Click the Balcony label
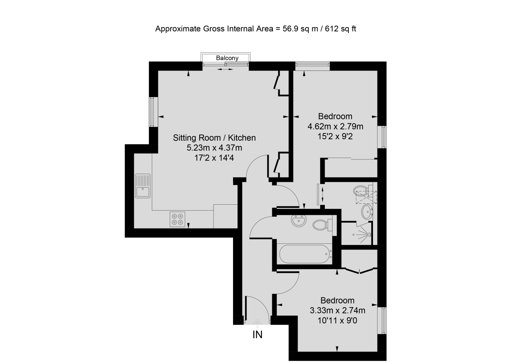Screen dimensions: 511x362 pos(227,58)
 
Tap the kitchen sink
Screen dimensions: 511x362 pos(143,186)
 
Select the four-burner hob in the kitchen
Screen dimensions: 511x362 pos(177,219)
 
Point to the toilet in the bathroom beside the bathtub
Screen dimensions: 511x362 pos(321,225)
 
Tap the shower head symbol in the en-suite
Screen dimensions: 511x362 pos(369,234)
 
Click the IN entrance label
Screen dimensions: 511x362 pos(257,335)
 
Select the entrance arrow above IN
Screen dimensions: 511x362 pos(258,322)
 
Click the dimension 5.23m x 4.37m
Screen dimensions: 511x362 pos(214,148)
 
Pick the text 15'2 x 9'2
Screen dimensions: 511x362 pos(335,137)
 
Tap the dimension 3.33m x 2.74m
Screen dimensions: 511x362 pos(337,311)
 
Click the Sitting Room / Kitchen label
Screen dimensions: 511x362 pos(214,138)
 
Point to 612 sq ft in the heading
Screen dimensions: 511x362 pos(340,29)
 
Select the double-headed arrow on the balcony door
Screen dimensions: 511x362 pos(225,69)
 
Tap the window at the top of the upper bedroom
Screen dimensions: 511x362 pos(312,66)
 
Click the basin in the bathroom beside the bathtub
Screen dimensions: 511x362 pos(299,221)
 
